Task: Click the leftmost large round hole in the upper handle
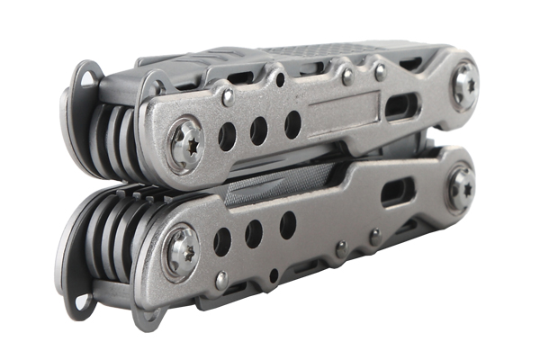[x=226, y=136]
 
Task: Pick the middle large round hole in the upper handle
[x=259, y=130]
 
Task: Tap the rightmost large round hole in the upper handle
[x=292, y=123]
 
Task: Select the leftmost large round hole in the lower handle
[x=221, y=240]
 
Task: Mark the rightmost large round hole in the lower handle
[x=287, y=224]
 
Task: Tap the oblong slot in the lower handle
[x=398, y=192]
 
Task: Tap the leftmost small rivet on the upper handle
[x=228, y=94]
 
